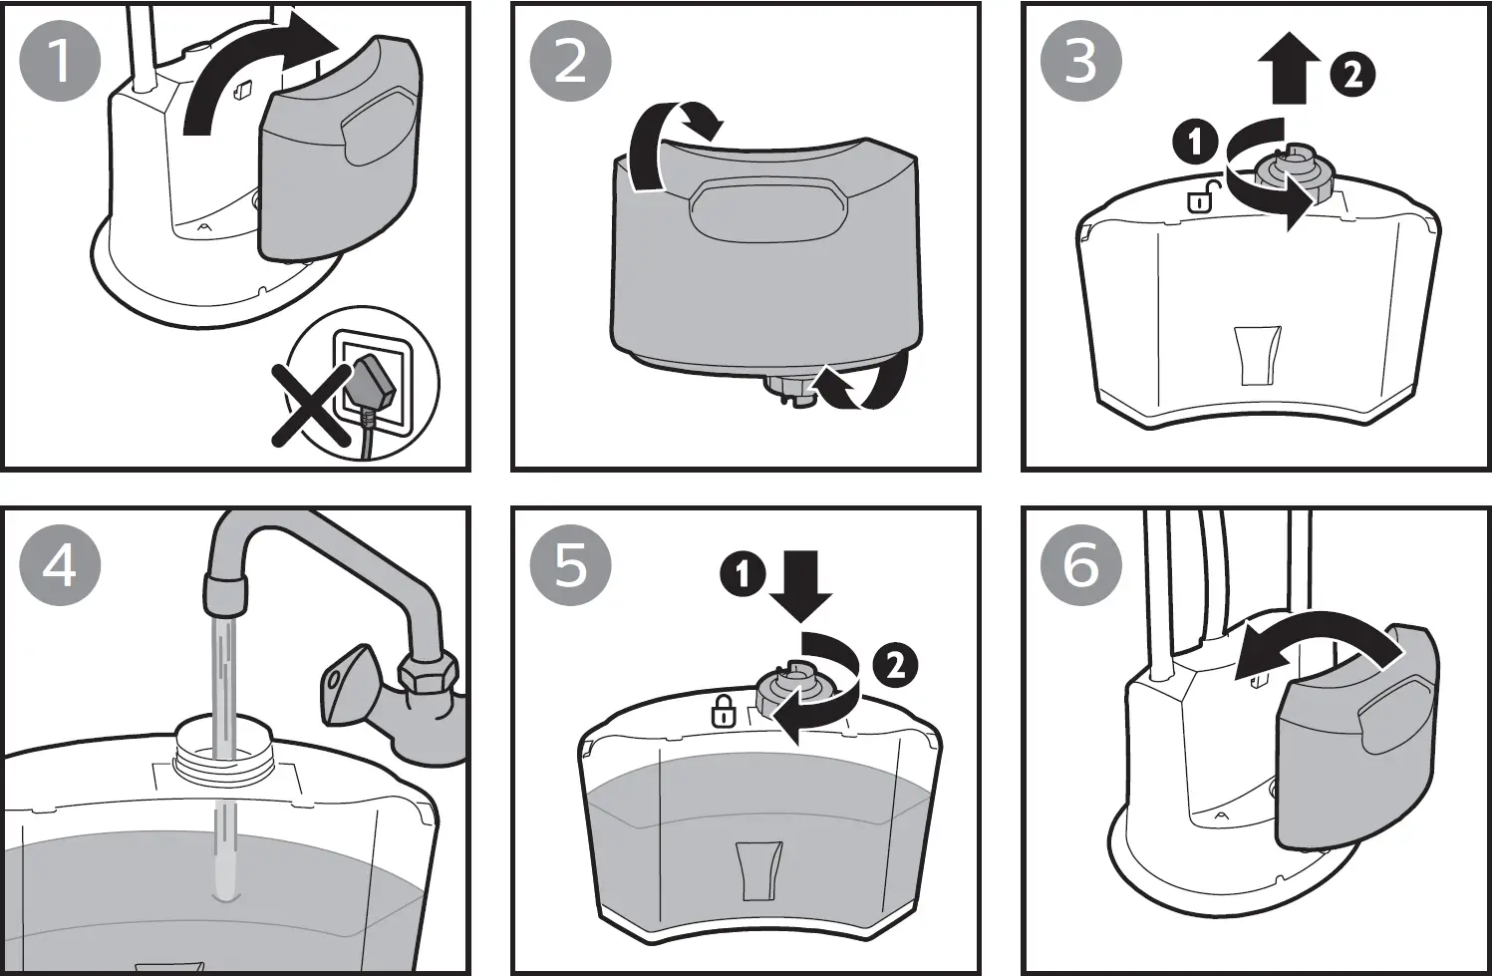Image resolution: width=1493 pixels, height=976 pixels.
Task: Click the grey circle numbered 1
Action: pos(60,61)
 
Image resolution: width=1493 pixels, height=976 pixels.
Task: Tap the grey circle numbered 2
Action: pos(570,61)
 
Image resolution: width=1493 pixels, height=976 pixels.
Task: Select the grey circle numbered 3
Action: pos(1081,61)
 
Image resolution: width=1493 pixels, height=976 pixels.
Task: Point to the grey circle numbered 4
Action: pos(60,565)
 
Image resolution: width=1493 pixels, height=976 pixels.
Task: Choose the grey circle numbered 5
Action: pos(570,565)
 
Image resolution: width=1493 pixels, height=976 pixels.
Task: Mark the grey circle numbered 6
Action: pos(1081,565)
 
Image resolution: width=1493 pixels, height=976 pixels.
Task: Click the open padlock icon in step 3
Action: pos(1201,197)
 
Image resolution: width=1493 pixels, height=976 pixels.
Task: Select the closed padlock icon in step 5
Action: pos(723,712)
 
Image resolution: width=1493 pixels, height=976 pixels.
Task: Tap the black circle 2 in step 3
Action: pos(1352,75)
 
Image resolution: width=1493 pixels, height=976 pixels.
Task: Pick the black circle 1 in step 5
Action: pos(743,575)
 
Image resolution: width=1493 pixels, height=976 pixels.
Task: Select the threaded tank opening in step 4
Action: pos(222,747)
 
